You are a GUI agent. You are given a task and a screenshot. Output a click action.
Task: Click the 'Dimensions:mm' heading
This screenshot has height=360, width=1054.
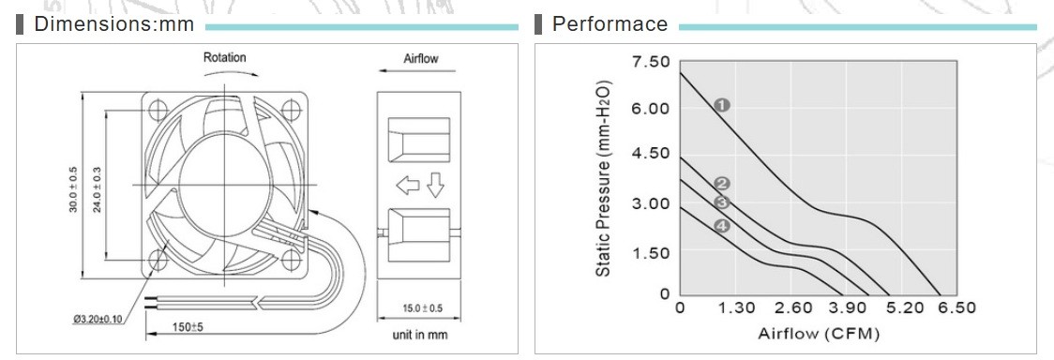pyautogui.click(x=113, y=25)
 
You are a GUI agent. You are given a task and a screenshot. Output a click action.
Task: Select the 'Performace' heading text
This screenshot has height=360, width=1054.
pyautogui.click(x=610, y=25)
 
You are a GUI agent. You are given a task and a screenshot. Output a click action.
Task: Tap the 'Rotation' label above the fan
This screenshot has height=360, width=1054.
pyautogui.click(x=224, y=58)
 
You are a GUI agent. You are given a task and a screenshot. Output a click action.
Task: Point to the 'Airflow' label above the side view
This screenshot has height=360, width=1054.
pyautogui.click(x=421, y=58)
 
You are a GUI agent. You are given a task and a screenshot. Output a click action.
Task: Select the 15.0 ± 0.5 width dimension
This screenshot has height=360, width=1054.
pyautogui.click(x=419, y=308)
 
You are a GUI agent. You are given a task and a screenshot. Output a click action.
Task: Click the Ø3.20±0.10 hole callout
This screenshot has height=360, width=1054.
pyautogui.click(x=98, y=319)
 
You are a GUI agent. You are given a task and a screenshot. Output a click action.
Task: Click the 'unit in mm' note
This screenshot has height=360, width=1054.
pyautogui.click(x=419, y=335)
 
